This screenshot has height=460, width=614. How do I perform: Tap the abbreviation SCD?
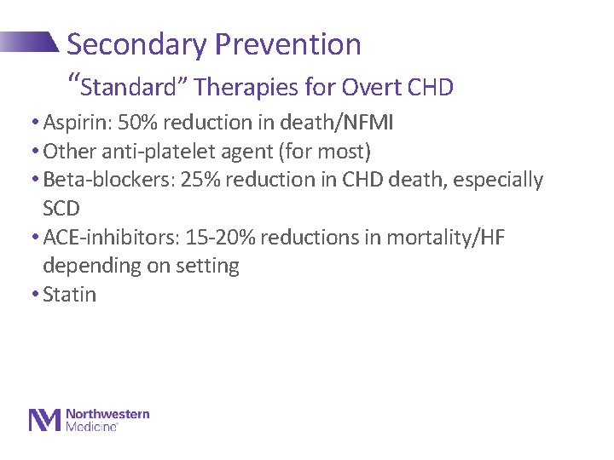[x=61, y=209]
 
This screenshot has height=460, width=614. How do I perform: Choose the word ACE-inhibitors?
[x=105, y=237]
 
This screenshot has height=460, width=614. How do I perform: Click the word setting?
[x=207, y=266]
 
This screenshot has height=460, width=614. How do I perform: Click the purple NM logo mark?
[x=45, y=420]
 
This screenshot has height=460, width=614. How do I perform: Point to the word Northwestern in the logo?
[x=107, y=414]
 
